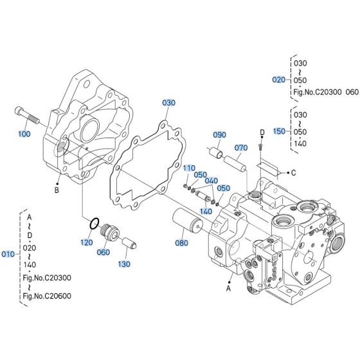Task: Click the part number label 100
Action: pyautogui.click(x=24, y=134)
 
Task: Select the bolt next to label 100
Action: pyautogui.click(x=25, y=116)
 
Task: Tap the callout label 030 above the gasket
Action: pyautogui.click(x=168, y=102)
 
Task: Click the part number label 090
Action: pyautogui.click(x=219, y=135)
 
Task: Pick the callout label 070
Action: pyautogui.click(x=240, y=147)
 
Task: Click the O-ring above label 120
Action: pyautogui.click(x=94, y=225)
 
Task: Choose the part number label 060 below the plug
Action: pyautogui.click(x=104, y=252)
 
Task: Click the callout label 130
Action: pyautogui.click(x=123, y=264)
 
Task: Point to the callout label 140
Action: pyautogui.click(x=206, y=211)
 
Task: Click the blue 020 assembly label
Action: pyautogui.click(x=278, y=80)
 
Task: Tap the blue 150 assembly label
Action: pyautogui.click(x=278, y=130)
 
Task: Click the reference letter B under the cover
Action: pyautogui.click(x=57, y=191)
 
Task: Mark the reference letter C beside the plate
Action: pyautogui.click(x=294, y=172)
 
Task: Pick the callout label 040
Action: pyautogui.click(x=212, y=180)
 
